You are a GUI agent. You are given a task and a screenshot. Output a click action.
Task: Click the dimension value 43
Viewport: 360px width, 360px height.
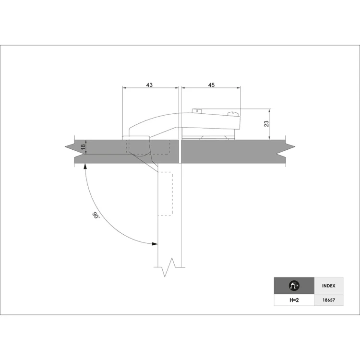149,85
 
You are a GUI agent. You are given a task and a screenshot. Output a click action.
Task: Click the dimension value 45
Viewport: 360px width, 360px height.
211,85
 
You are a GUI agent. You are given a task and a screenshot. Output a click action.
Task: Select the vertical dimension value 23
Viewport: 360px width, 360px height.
266,124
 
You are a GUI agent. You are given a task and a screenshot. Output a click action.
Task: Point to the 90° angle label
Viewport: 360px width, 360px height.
96,216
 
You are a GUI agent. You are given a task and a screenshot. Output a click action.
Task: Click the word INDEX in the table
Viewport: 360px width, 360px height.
328,286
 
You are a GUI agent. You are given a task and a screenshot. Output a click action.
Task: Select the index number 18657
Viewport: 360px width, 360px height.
328,300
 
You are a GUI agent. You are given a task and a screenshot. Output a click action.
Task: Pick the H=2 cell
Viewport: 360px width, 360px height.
294,300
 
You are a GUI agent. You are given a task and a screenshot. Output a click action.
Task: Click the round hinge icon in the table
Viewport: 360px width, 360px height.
294,286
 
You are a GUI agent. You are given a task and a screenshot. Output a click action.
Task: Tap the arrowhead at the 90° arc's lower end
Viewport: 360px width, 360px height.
155,243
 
